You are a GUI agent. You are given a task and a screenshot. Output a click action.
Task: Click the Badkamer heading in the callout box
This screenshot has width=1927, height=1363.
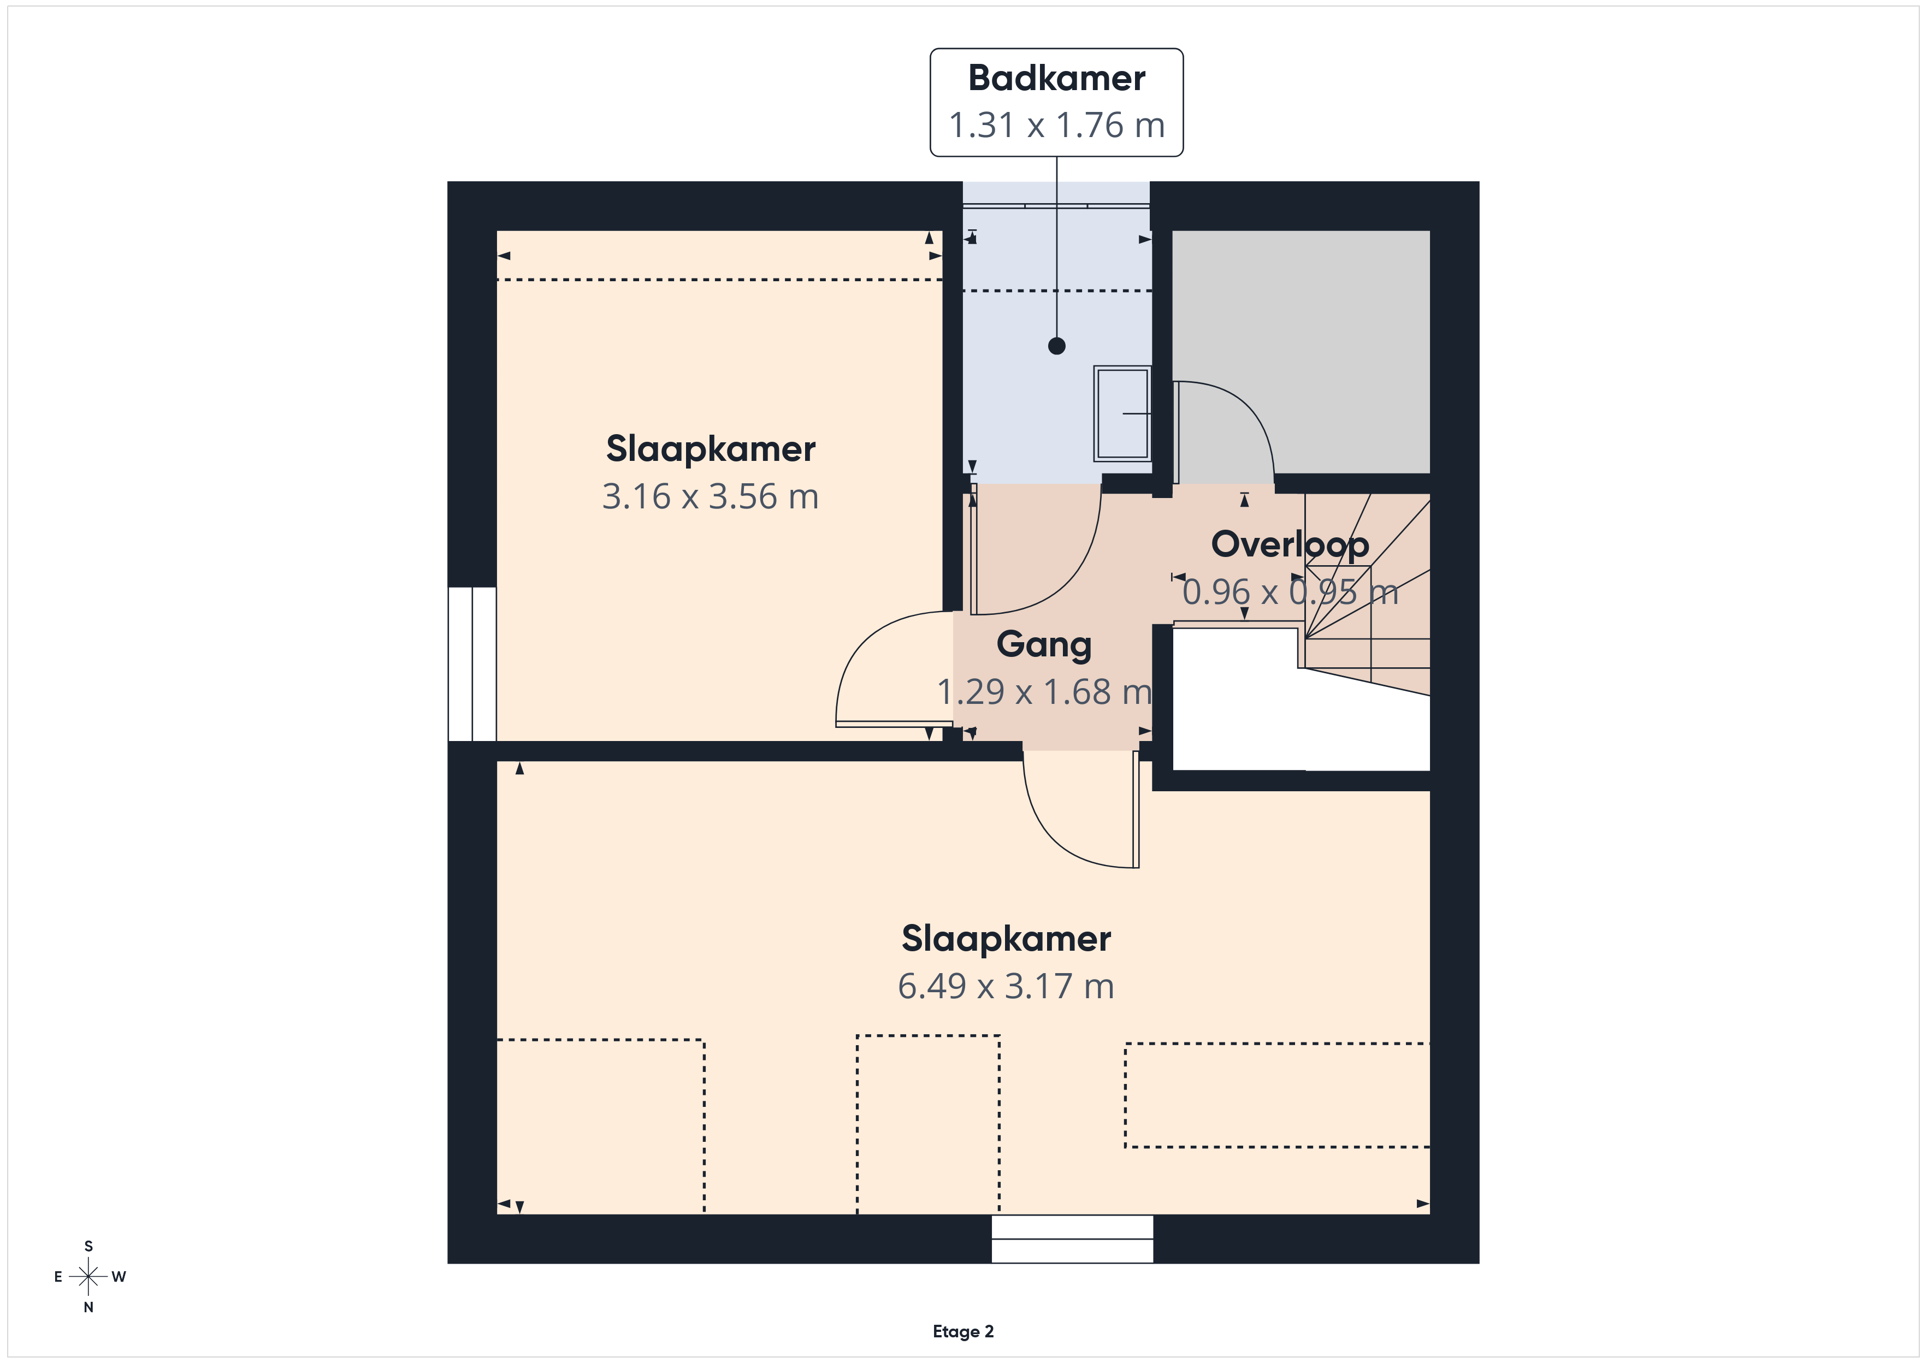pos(1057,78)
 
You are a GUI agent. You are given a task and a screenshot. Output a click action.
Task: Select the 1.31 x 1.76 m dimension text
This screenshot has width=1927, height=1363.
pos(1057,125)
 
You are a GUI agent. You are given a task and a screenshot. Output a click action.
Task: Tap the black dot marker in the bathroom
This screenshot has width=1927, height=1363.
pos(1057,346)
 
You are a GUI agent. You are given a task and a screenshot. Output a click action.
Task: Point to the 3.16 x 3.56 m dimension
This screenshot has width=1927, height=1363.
pos(710,497)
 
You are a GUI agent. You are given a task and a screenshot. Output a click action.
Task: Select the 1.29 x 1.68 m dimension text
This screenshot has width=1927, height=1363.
pos(1044,691)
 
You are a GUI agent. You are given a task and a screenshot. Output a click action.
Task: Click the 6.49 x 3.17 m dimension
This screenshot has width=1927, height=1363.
pos(1006,986)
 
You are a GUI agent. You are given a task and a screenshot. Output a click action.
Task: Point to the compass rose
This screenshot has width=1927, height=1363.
pos(88,1277)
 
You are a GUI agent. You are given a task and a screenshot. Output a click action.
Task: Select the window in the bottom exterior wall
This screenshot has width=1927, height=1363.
pos(1073,1239)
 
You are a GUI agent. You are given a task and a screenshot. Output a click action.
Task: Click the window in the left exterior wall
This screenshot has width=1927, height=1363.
pos(472,664)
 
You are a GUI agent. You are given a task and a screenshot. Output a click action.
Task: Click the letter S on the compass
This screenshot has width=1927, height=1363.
pos(88,1246)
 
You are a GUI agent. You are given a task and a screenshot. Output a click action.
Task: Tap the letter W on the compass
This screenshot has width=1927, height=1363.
pos(119,1277)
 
